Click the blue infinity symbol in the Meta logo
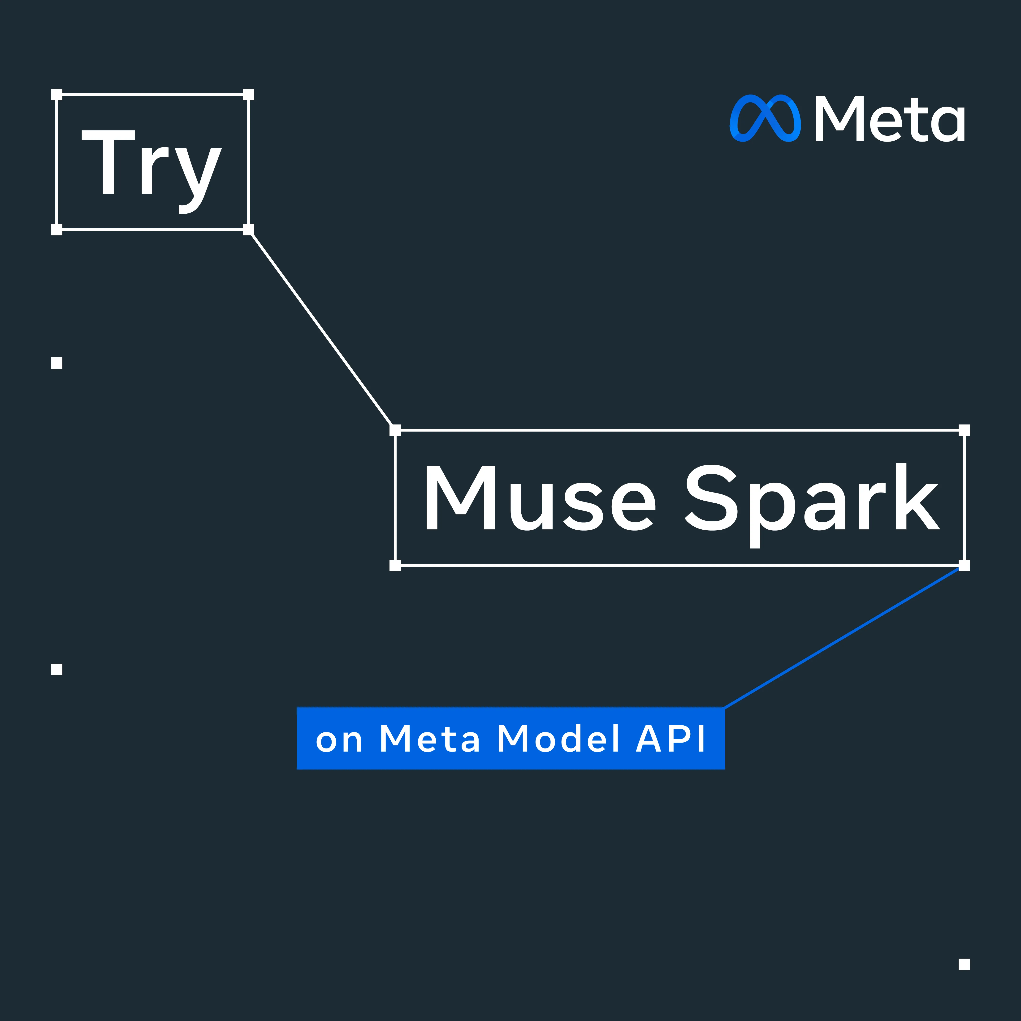point(765,118)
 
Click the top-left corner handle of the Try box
point(56,95)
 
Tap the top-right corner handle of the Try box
point(248,95)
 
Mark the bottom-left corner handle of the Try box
point(56,229)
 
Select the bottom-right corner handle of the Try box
point(248,229)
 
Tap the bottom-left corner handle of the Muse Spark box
point(395,565)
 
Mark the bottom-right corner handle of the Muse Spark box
point(964,565)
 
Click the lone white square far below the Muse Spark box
point(964,979)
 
